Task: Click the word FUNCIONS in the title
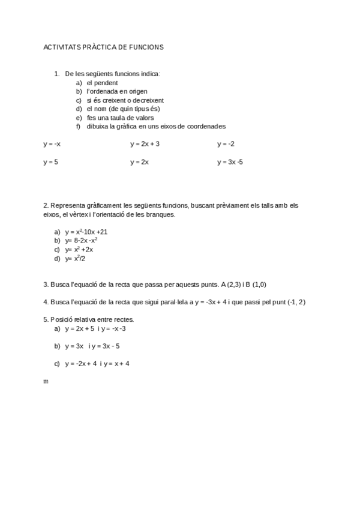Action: [x=146, y=47]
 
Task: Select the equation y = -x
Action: [x=52, y=144]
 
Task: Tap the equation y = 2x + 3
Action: [x=145, y=144]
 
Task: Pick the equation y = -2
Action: [x=226, y=144]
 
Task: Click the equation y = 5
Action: [x=50, y=162]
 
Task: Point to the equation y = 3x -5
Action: [x=230, y=162]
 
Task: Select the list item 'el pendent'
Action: [x=102, y=83]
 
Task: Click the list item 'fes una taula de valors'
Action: [x=120, y=118]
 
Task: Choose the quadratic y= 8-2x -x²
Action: [x=82, y=241]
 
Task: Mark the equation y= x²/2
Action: [x=76, y=259]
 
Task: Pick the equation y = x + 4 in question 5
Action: [x=117, y=363]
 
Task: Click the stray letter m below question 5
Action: [x=46, y=381]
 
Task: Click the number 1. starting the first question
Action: [x=57, y=74]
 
